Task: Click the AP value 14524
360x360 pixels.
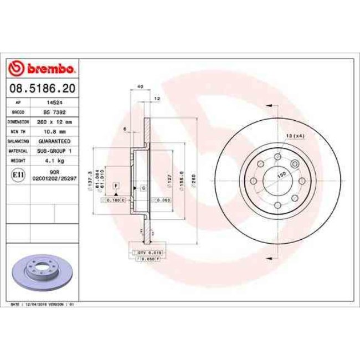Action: pos(54,102)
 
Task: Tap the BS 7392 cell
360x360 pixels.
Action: pos(54,112)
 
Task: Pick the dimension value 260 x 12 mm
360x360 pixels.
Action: pos(54,121)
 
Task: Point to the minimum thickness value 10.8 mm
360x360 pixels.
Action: pos(54,131)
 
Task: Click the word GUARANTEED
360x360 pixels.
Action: pos(54,141)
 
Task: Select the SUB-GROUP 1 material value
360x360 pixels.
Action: pos(54,150)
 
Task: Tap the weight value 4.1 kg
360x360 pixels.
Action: pos(54,160)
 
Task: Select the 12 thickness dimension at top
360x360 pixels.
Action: pos(157,98)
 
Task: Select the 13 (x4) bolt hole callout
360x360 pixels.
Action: pos(295,136)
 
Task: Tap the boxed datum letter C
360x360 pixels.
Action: pos(143,188)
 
